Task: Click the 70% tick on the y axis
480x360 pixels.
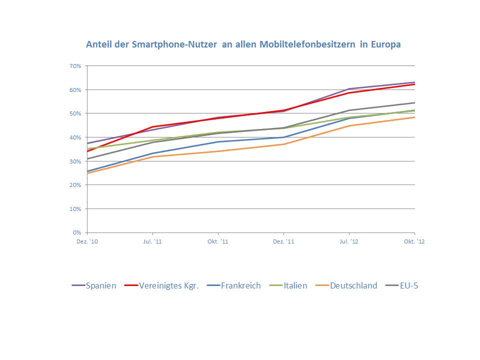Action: tap(75, 66)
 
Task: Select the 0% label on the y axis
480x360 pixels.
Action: tap(77, 232)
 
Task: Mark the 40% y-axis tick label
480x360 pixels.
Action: tap(75, 137)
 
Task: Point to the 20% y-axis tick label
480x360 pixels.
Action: tap(75, 185)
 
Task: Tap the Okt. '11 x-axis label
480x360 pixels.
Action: tap(218, 241)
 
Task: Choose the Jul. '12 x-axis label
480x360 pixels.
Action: tap(349, 241)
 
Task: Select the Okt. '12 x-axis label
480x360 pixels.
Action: tap(414, 241)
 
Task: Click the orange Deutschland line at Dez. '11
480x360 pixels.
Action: tap(283, 144)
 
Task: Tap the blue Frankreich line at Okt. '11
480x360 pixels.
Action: tap(218, 141)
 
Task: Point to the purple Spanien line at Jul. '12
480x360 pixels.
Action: tap(349, 89)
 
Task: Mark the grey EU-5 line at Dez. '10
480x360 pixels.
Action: tap(87, 158)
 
